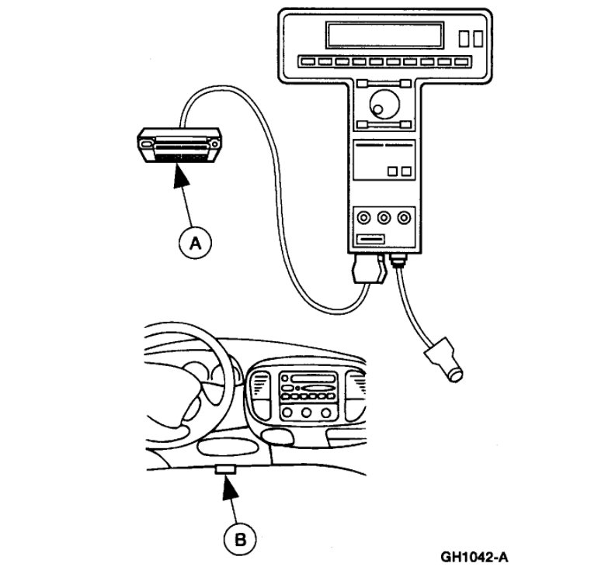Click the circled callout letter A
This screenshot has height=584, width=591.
[195, 243]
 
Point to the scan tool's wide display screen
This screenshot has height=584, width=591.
[384, 35]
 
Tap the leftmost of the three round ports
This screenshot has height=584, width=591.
[362, 218]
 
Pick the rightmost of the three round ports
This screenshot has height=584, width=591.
[402, 218]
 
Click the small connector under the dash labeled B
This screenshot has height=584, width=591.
[225, 468]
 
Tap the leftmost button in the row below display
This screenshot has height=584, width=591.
[304, 60]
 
